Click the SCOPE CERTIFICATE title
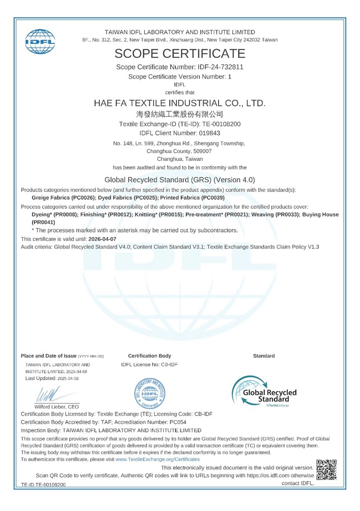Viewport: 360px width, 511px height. click(180, 53)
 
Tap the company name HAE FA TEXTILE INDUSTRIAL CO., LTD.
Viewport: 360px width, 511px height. click(180, 103)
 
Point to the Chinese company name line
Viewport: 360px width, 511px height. click(180, 114)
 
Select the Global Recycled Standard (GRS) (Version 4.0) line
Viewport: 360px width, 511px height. click(180, 179)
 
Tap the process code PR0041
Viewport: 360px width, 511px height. click(44, 222)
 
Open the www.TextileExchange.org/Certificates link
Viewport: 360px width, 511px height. click(157, 459)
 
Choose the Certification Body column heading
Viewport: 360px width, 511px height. click(149, 356)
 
